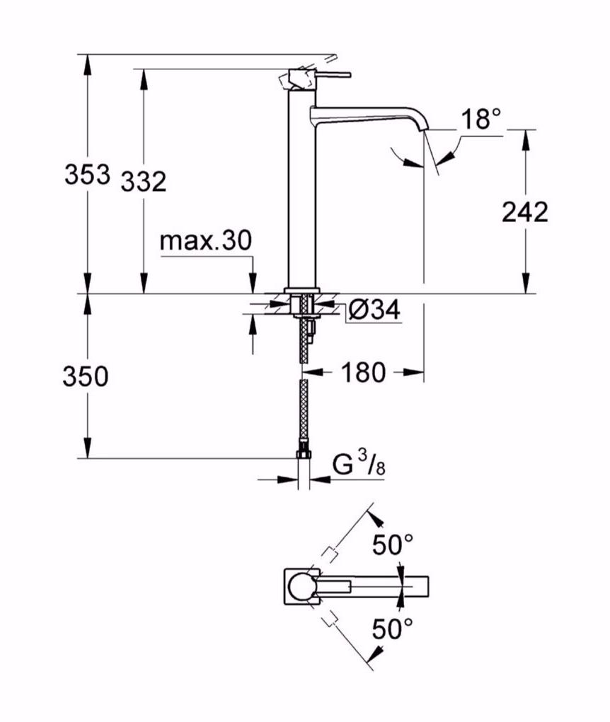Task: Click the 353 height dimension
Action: (x=87, y=174)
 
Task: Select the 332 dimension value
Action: (x=144, y=182)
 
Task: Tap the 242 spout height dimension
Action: (x=524, y=211)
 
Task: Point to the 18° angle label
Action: (x=482, y=120)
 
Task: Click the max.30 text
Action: (x=205, y=241)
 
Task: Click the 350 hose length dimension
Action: (x=86, y=377)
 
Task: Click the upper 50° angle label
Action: (x=393, y=545)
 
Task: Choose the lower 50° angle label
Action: (x=393, y=627)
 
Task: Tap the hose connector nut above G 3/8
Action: (x=304, y=453)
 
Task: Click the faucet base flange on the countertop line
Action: (x=303, y=290)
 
